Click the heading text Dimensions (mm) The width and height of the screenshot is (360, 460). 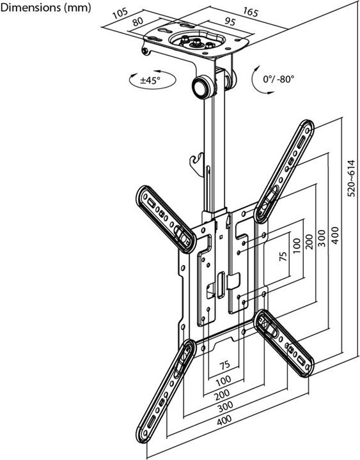pyautogui.click(x=45, y=7)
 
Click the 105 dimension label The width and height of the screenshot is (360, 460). pyautogui.click(x=120, y=13)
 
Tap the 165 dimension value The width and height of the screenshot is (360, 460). pyautogui.click(x=250, y=12)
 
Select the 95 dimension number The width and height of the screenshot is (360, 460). pyautogui.click(x=230, y=22)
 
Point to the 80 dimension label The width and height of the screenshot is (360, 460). pyautogui.click(x=137, y=22)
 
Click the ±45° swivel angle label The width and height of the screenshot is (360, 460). pyautogui.click(x=151, y=80)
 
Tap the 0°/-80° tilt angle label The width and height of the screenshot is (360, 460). pyautogui.click(x=278, y=79)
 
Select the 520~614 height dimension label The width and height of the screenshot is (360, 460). pyautogui.click(x=351, y=178)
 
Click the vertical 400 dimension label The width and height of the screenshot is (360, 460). pyautogui.click(x=335, y=235)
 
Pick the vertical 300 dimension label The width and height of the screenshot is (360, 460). pyautogui.click(x=322, y=238)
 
